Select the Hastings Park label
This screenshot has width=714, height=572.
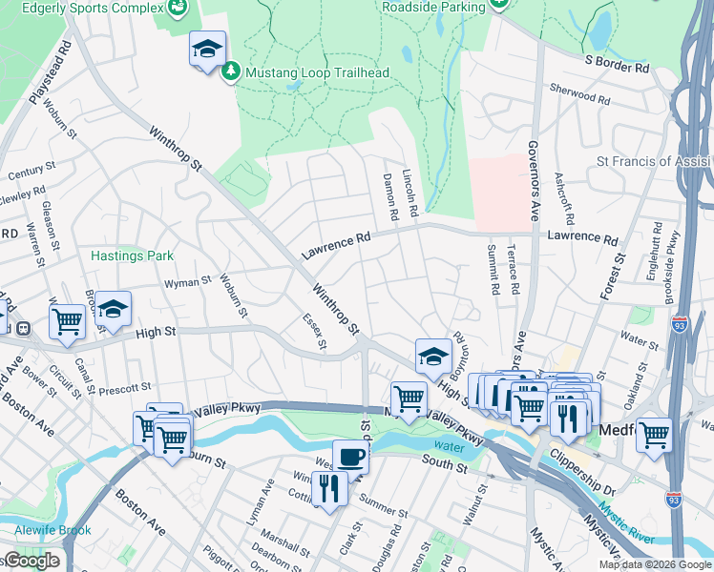pos(132,255)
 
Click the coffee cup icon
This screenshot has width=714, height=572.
pos(350,456)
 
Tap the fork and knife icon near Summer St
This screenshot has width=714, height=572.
pos(328,489)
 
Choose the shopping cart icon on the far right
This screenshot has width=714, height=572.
pos(654,434)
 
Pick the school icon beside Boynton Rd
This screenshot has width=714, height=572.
pos(432,356)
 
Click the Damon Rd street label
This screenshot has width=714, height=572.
pos(389,196)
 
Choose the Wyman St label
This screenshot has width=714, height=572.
pos(187,282)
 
